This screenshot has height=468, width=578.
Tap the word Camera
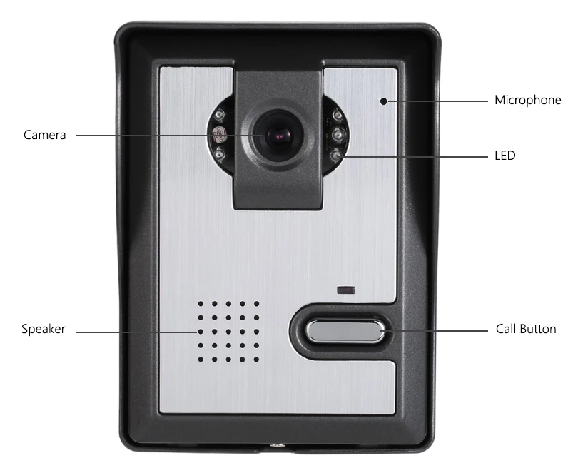point(44,135)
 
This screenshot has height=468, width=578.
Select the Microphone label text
point(527,101)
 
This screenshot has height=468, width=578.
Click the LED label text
point(505,155)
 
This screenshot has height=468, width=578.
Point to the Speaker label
point(44,329)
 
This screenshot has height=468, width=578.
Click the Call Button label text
point(525,330)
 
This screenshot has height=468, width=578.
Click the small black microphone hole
point(383,101)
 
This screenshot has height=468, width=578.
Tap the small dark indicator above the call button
point(347,290)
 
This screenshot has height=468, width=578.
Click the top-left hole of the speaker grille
point(201,303)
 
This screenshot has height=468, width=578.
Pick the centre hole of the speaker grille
point(228,331)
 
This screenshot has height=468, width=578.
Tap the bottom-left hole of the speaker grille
point(201,359)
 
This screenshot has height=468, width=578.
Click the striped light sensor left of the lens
point(219,132)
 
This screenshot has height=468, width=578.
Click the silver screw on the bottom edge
point(275,448)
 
